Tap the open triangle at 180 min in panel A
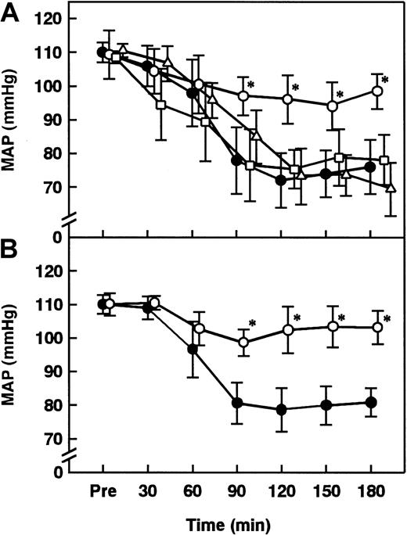(x=391, y=188)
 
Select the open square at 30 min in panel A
(x=161, y=104)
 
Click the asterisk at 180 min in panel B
(x=387, y=318)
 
